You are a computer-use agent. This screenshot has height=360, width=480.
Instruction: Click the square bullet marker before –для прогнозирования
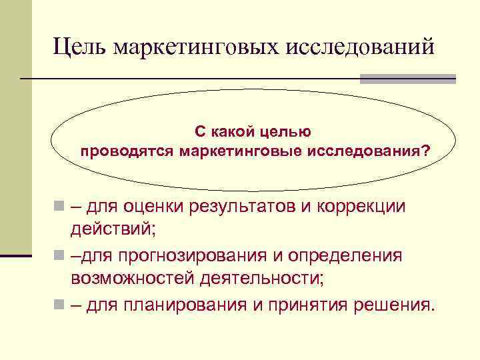[59, 257]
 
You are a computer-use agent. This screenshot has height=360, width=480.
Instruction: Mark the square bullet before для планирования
[59, 305]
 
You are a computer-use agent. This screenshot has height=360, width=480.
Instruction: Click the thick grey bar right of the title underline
[407, 79]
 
